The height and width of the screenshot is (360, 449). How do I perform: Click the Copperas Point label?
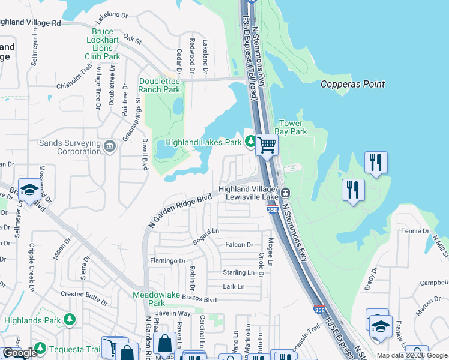click(x=352, y=84)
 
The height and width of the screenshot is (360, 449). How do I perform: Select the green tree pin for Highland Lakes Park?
click(x=250, y=142)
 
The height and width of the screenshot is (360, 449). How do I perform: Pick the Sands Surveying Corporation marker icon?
click(x=110, y=146)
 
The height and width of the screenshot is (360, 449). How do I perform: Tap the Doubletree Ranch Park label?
click(x=159, y=85)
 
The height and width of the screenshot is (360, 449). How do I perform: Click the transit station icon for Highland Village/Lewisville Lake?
click(x=286, y=193)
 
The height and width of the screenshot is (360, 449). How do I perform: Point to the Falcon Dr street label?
click(x=240, y=245)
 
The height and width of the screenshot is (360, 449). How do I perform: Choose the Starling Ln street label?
click(x=238, y=272)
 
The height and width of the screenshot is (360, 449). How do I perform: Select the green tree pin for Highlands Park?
click(x=70, y=319)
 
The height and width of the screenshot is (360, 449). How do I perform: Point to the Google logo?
click(x=20, y=353)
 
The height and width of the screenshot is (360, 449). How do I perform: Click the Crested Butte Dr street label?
click(x=88, y=294)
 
